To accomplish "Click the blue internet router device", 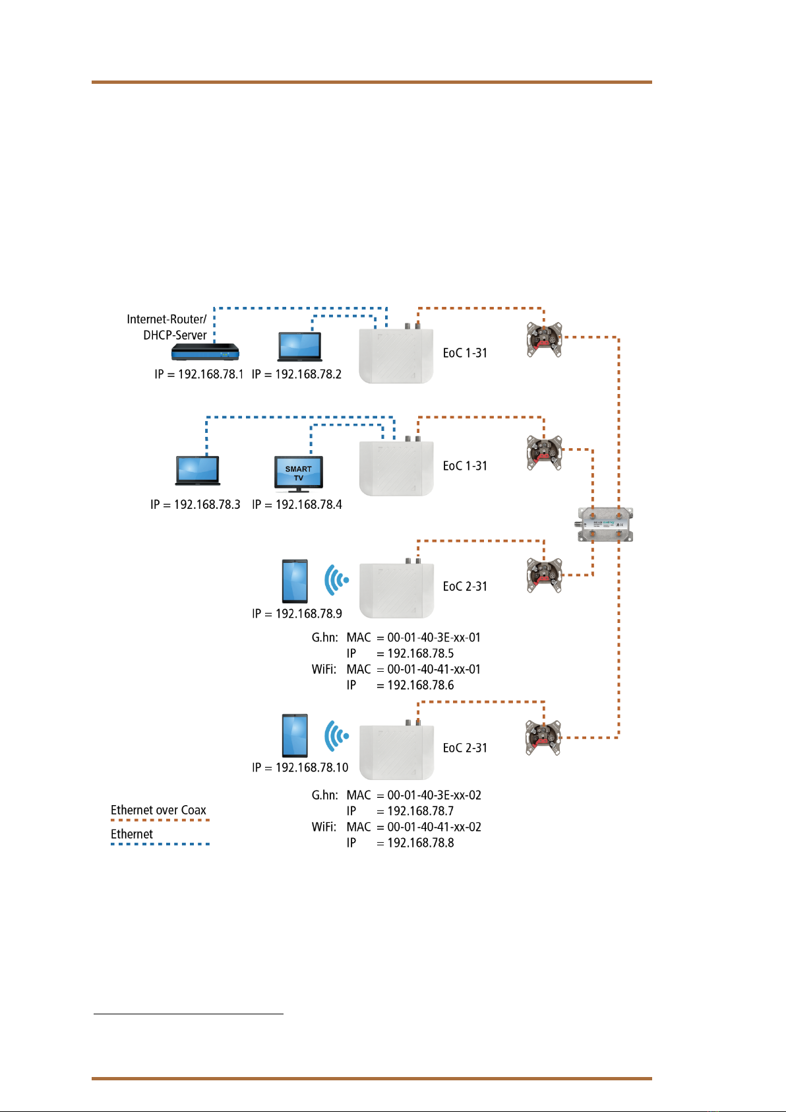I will (x=205, y=352).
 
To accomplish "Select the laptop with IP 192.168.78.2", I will (x=300, y=347).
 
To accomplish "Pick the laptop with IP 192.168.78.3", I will (x=198, y=470).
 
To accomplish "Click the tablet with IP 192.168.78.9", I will (x=295, y=581).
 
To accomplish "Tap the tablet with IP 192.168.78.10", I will (x=295, y=736).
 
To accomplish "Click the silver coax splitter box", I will (x=605, y=525).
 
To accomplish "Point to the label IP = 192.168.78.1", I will (x=199, y=374).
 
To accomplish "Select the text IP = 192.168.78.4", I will (x=297, y=505).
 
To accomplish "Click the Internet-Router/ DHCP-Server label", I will (x=167, y=327).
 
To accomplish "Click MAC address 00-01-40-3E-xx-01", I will (x=434, y=638).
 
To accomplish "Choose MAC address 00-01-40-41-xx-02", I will (x=434, y=827).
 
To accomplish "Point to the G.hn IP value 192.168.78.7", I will (x=421, y=811).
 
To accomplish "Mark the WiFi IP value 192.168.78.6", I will (x=421, y=685).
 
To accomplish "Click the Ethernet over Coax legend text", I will (x=158, y=810).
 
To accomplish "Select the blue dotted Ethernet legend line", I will (x=160, y=844).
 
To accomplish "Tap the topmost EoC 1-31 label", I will (x=465, y=353).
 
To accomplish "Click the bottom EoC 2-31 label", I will (x=465, y=748).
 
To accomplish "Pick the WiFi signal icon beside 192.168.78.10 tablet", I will (x=336, y=735).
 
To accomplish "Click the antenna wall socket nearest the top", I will (x=544, y=340).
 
